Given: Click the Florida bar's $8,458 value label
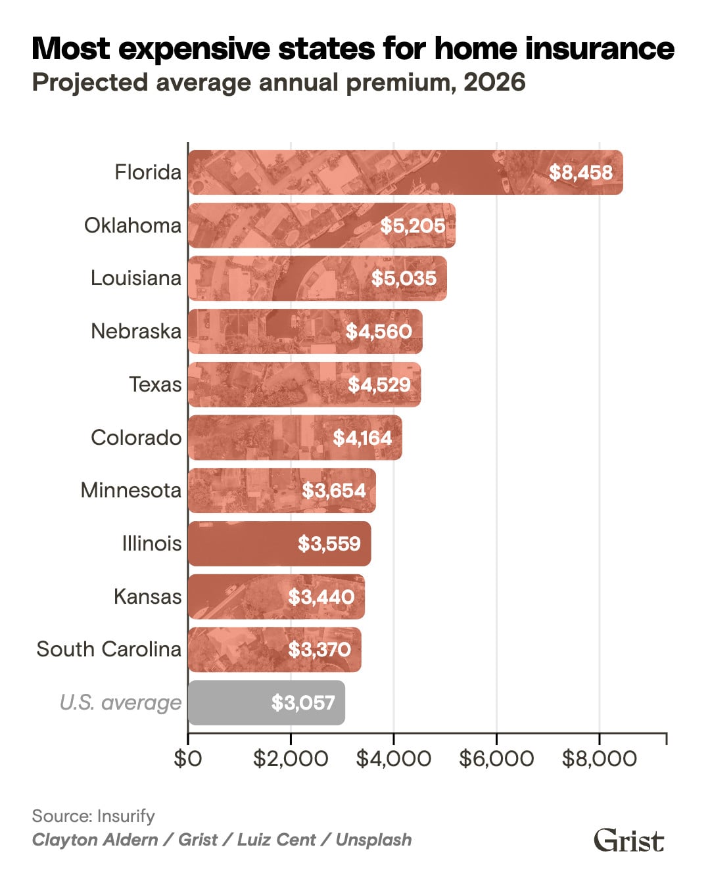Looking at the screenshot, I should pyautogui.click(x=580, y=173).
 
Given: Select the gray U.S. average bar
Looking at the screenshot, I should pyautogui.click(x=266, y=703).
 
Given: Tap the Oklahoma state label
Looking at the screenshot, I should pyautogui.click(x=132, y=225).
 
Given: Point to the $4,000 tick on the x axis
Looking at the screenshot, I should pyautogui.click(x=393, y=759).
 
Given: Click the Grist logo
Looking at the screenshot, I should pyautogui.click(x=628, y=840).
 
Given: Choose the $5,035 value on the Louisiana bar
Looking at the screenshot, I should pyautogui.click(x=404, y=279).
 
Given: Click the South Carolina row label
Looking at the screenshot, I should pyautogui.click(x=108, y=649).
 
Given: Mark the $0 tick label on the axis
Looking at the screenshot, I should pyautogui.click(x=188, y=759).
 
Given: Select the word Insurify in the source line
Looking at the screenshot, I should pyautogui.click(x=126, y=816).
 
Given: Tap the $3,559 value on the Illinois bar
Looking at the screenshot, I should pyautogui.click(x=329, y=544).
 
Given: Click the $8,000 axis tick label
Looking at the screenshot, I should pyautogui.click(x=599, y=759).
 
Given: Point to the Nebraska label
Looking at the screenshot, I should pyautogui.click(x=135, y=331).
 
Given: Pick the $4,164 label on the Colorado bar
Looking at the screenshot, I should pyautogui.click(x=362, y=438).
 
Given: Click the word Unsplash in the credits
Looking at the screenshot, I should pyautogui.click(x=373, y=840).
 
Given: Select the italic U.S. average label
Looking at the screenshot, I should pyautogui.click(x=120, y=702).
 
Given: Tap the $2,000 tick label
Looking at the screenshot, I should pyautogui.click(x=291, y=759).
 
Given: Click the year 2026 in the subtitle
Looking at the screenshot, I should pyautogui.click(x=494, y=83).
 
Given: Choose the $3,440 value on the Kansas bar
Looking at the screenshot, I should pyautogui.click(x=321, y=597).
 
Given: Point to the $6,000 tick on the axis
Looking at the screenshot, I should pyautogui.click(x=496, y=759).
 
